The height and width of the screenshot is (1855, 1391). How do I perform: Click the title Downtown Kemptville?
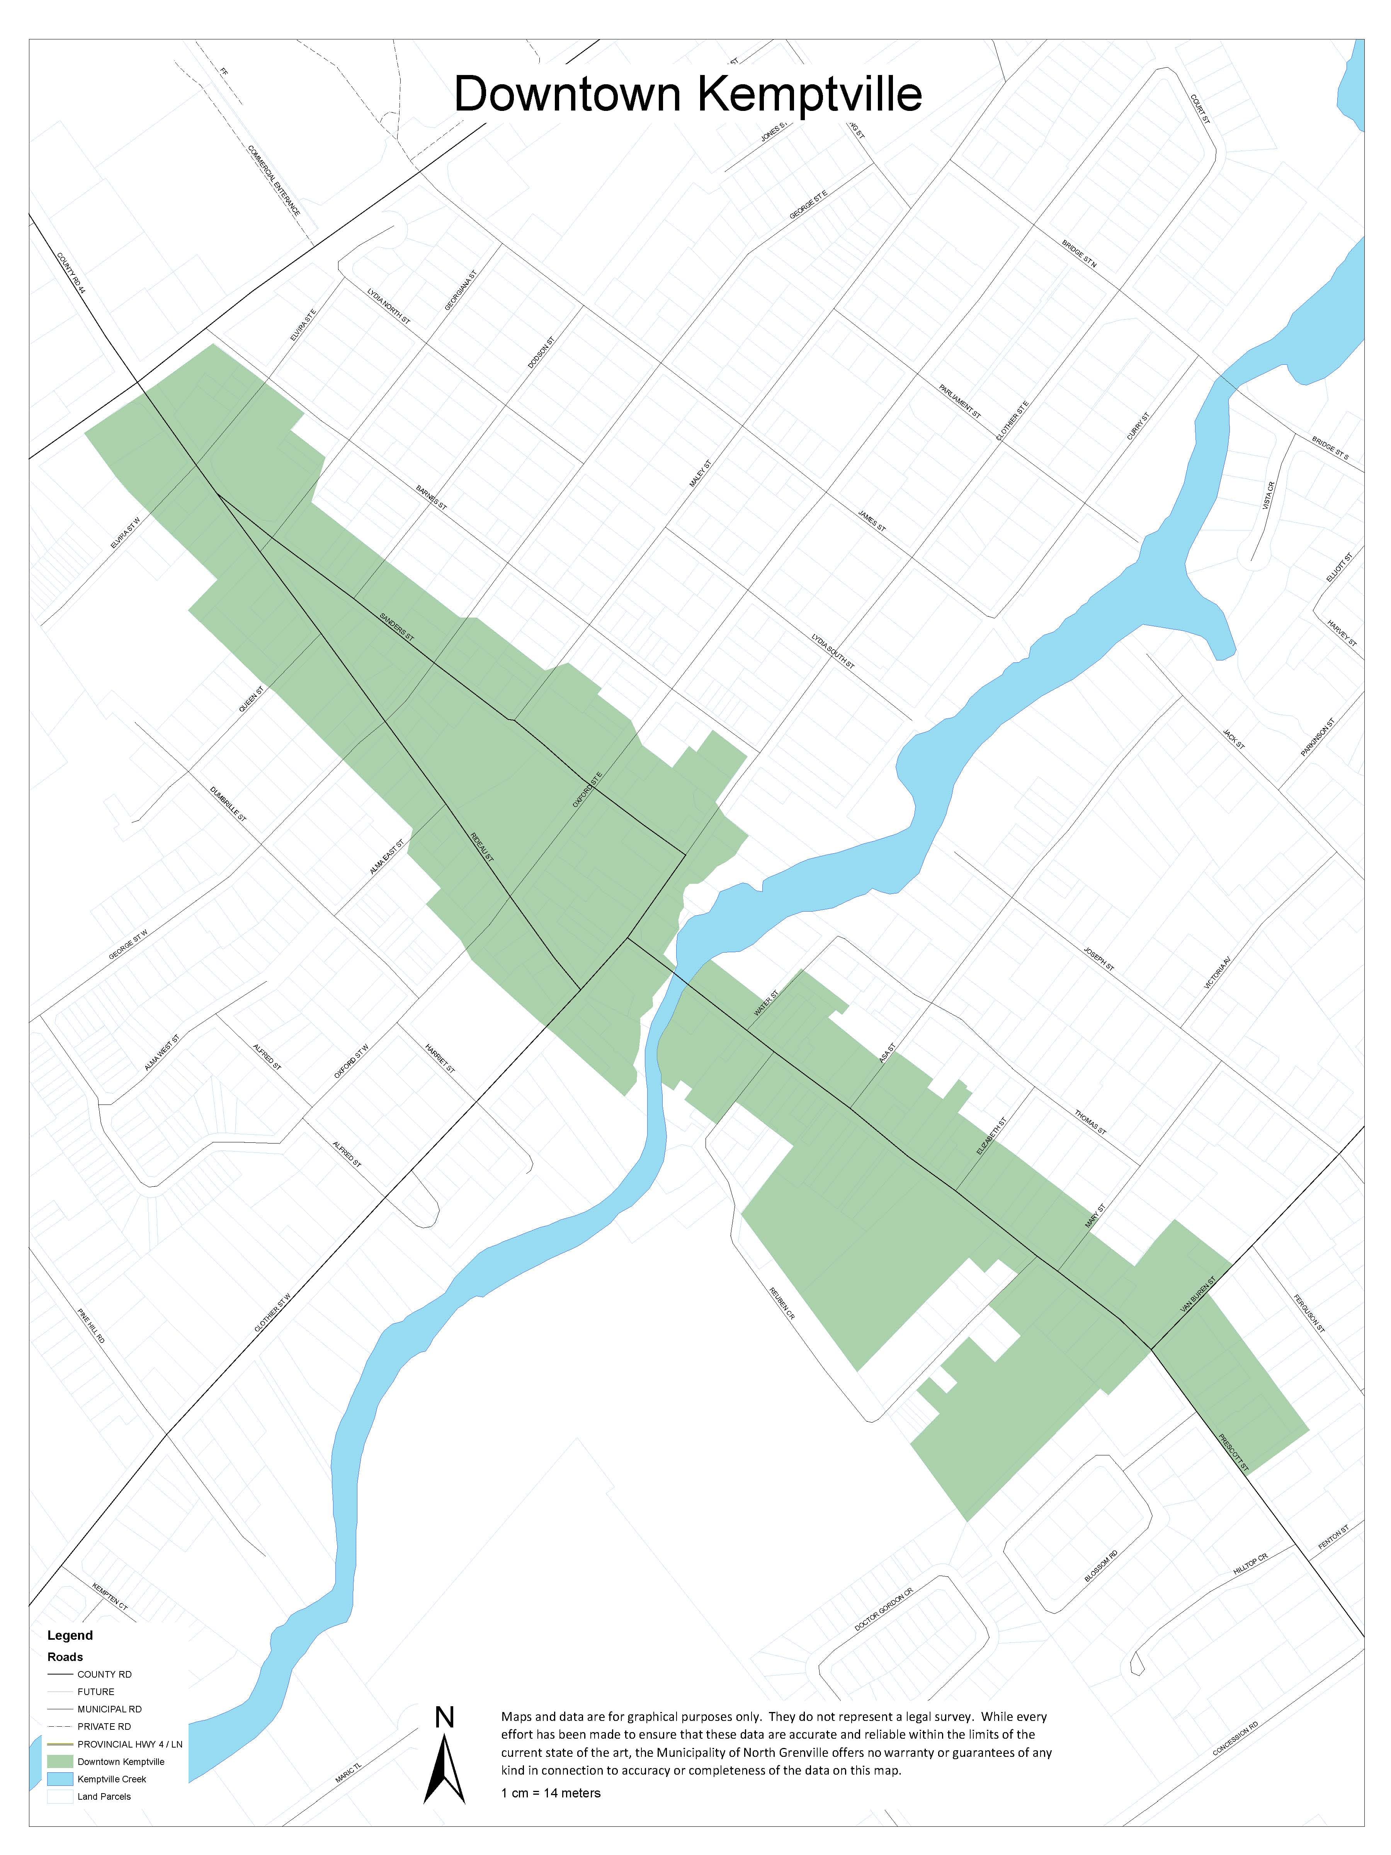point(687,94)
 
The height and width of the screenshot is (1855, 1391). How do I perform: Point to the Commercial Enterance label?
point(274,180)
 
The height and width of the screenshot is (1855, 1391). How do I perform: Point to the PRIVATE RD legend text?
point(104,1727)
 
